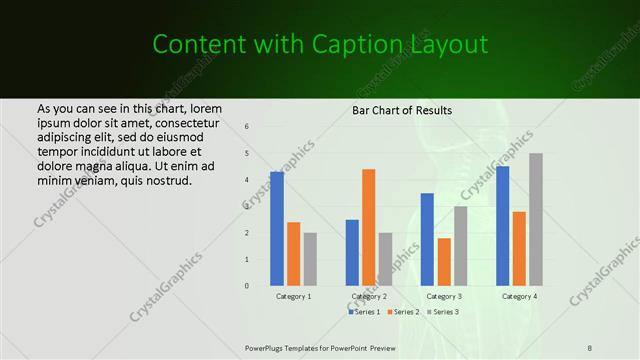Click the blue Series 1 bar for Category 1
pyautogui.click(x=277, y=229)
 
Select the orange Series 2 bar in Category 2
pyautogui.click(x=368, y=227)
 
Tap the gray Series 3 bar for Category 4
pyautogui.click(x=535, y=219)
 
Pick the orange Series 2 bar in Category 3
pyautogui.click(x=444, y=262)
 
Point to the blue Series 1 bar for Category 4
pyautogui.click(x=503, y=226)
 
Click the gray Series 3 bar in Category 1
pyautogui.click(x=310, y=259)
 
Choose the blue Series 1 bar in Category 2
pyautogui.click(x=352, y=252)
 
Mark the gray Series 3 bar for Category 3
pyautogui.click(x=460, y=246)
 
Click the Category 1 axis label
pyautogui.click(x=294, y=297)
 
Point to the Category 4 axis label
pyautogui.click(x=519, y=297)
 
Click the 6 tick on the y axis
pyautogui.click(x=247, y=127)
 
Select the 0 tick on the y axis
pyautogui.click(x=247, y=286)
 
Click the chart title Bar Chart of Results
pyautogui.click(x=402, y=109)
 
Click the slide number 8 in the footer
pyautogui.click(x=590, y=347)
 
